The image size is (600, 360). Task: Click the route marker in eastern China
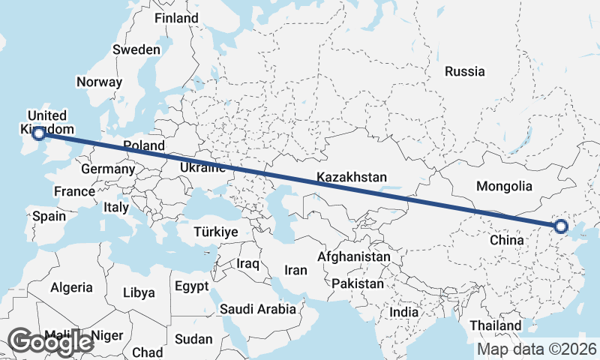coord(559,226)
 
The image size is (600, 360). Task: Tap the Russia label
coord(464,72)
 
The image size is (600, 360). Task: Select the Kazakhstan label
coord(351,178)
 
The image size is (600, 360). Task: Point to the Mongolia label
coord(504,187)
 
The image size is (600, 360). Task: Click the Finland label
coord(176,18)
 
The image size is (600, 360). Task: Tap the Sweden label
coord(136,50)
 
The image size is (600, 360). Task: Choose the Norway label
coord(99,82)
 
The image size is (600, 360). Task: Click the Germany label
coord(107,169)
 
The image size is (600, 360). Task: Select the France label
coord(74,191)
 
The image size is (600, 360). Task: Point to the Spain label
coord(49,217)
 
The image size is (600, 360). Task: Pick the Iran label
coord(296,270)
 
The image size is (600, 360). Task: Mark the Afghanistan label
coord(353,256)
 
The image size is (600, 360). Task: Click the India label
coord(404,312)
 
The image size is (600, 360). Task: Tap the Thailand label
coord(496,325)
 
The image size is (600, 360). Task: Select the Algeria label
coord(71,287)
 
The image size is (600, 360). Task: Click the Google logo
coord(50,342)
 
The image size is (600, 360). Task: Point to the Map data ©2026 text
coord(537,349)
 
